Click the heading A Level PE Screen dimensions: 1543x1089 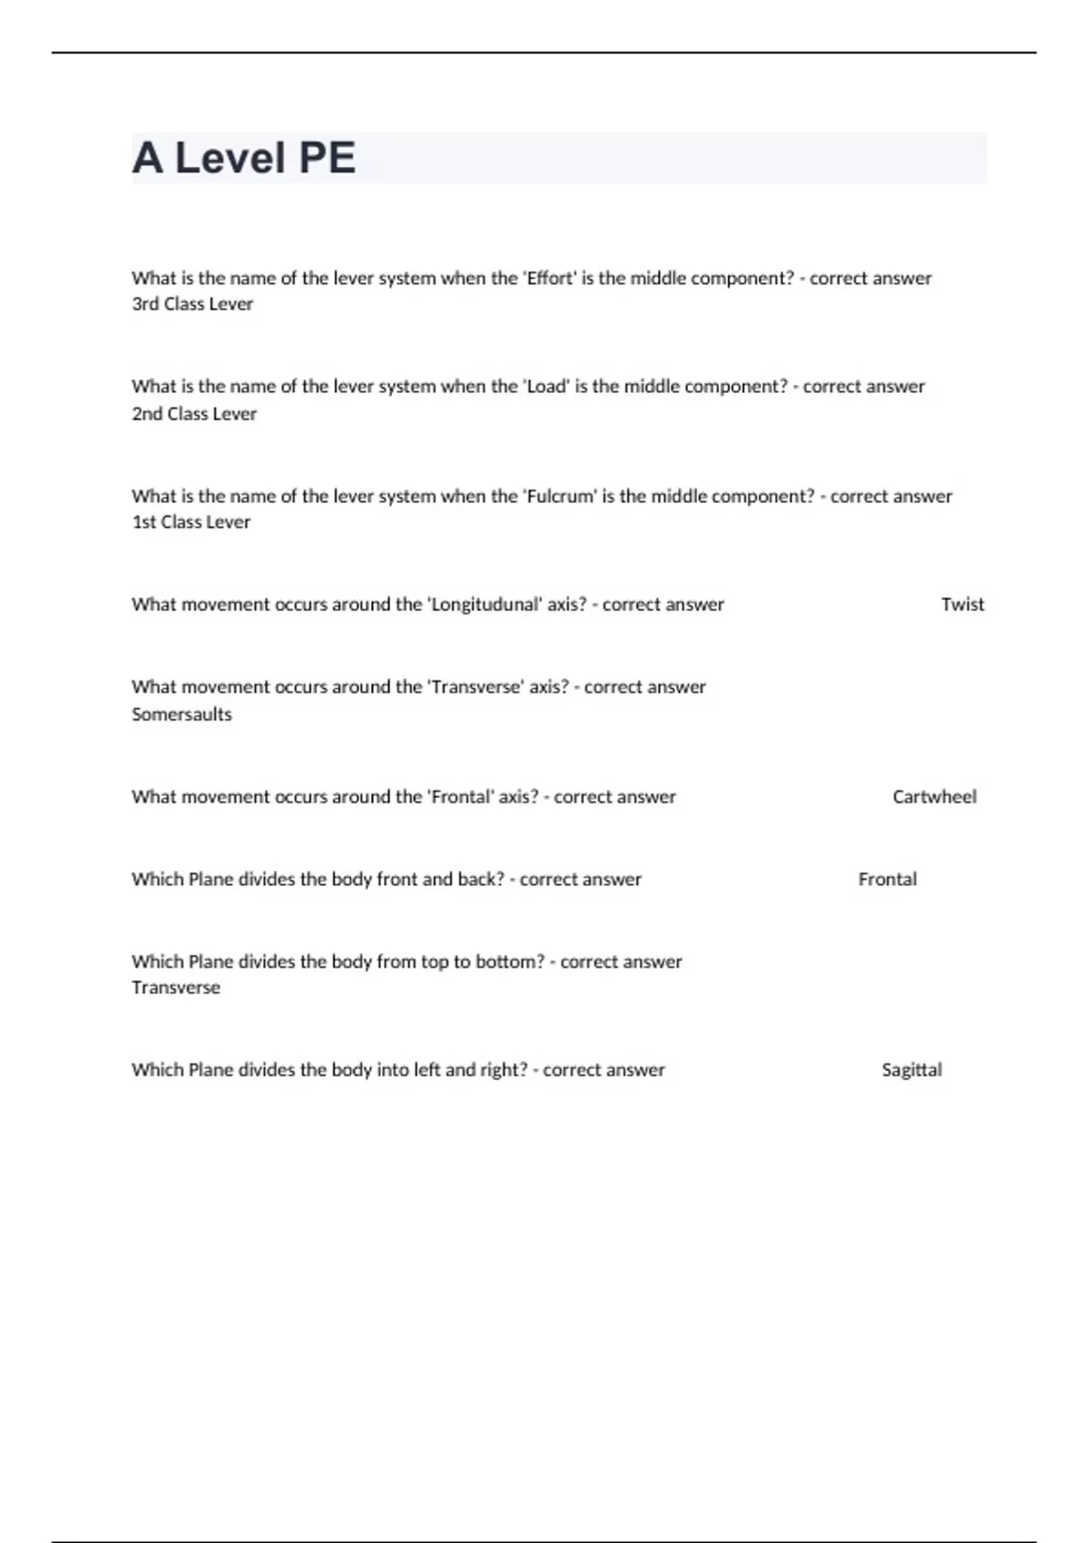tap(243, 158)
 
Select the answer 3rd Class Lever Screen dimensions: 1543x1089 tap(192, 304)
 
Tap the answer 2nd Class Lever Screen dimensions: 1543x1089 tap(194, 414)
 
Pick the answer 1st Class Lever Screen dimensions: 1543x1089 tap(191, 522)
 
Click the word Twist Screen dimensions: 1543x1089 tap(962, 604)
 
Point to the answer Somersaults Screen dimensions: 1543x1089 tap(181, 714)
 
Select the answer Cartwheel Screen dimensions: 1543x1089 tap(934, 797)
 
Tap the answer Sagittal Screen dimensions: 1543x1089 tap(911, 1070)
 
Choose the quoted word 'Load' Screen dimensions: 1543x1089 tap(546, 387)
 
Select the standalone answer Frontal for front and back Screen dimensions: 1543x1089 tap(887, 880)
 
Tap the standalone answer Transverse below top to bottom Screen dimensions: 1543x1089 tap(175, 988)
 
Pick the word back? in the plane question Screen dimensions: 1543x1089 tap(481, 880)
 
